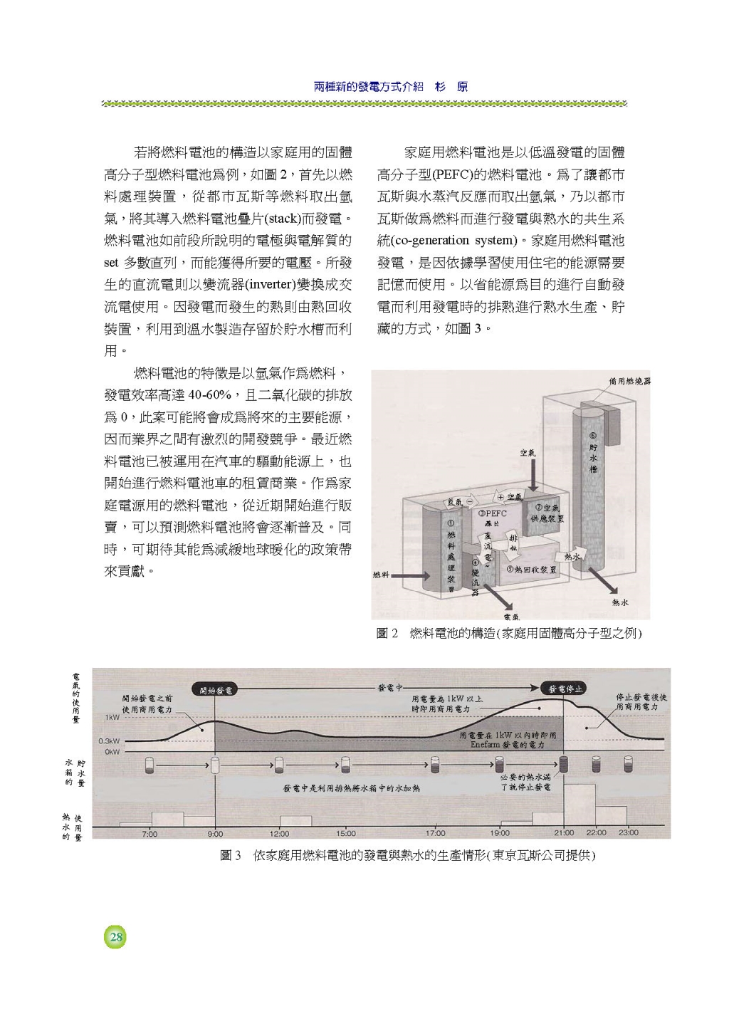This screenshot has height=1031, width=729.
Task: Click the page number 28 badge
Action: tap(115, 937)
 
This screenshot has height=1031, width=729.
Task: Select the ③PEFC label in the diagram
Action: tap(493, 513)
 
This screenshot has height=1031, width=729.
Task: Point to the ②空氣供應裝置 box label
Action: tap(547, 513)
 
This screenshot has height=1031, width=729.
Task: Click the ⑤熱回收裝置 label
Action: tap(532, 570)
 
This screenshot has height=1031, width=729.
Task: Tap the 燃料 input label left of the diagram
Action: tap(382, 575)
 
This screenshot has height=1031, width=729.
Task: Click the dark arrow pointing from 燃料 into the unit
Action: tap(408, 575)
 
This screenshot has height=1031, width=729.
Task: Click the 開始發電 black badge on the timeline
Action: tap(214, 689)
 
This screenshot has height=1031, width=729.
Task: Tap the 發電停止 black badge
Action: tap(564, 689)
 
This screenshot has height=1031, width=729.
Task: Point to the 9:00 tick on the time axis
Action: tap(215, 832)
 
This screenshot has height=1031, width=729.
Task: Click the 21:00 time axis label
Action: tap(564, 832)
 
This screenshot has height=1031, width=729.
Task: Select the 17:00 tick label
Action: tap(435, 832)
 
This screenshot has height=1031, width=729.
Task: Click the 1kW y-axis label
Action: tap(112, 717)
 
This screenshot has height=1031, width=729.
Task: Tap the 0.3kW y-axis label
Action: tap(110, 740)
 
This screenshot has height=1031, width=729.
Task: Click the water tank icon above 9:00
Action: tap(215, 765)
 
